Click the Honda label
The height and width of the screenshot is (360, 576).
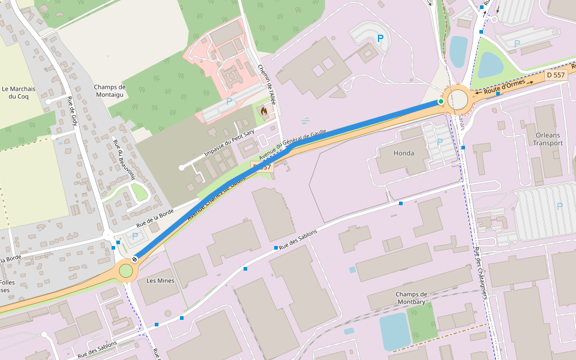(403, 153)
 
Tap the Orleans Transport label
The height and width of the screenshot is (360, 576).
(549, 139)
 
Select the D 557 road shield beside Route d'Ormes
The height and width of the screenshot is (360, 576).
(556, 76)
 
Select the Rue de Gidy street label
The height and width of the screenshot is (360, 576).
(73, 110)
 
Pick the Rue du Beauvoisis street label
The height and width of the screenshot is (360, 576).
(125, 155)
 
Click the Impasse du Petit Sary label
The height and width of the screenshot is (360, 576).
(229, 143)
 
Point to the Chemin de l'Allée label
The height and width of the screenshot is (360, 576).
(266, 85)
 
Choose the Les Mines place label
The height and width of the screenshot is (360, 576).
(160, 280)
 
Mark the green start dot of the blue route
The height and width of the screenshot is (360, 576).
(441, 102)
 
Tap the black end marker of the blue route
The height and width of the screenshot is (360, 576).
(135, 259)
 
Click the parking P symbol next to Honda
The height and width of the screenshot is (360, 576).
(440, 142)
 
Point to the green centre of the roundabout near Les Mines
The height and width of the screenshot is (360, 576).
(125, 271)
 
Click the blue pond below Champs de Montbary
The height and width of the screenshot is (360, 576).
(394, 331)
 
